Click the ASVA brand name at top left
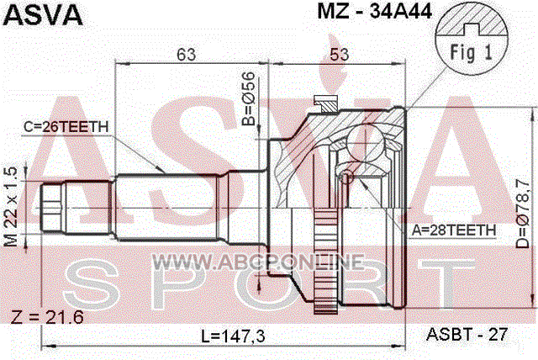43,14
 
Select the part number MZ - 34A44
374,11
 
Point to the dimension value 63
187,54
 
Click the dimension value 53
340,55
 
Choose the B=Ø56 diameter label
249,98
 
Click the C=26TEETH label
66,127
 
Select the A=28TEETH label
454,230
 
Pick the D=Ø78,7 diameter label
523,214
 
